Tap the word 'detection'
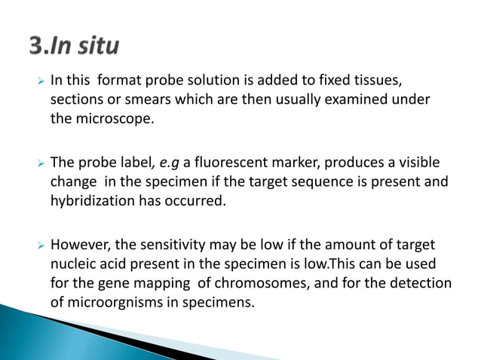[x=418, y=284]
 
